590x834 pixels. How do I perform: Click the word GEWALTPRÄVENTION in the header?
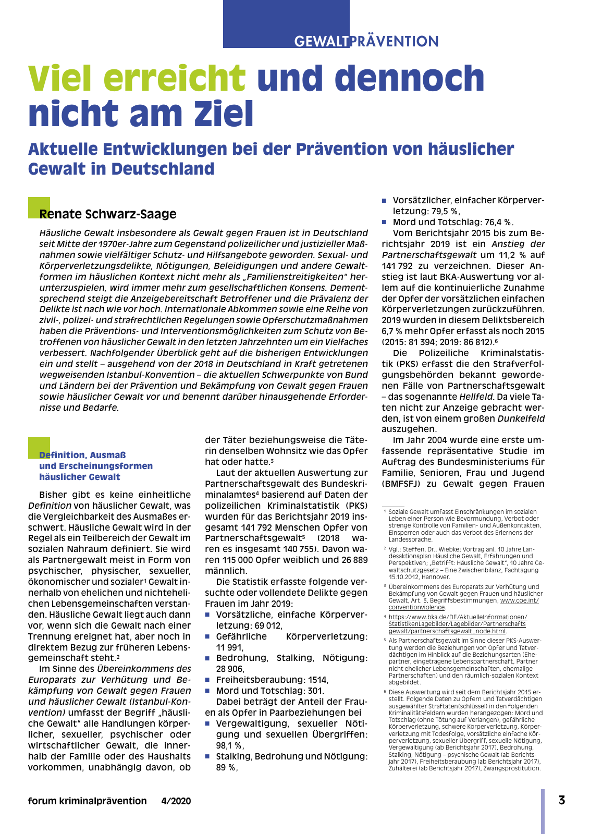coord(366,41)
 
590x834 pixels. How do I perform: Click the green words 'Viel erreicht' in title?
coord(137,78)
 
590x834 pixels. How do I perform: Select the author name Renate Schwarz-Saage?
coord(108,214)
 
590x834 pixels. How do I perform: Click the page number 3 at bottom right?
coord(561,800)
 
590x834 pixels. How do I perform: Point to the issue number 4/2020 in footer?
coord(176,801)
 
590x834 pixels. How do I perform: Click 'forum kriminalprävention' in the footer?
coord(88,801)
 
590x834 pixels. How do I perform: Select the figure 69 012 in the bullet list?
coord(266,625)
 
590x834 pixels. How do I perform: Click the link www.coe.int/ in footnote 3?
coord(519,600)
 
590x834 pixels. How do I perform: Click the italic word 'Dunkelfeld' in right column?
coord(521,419)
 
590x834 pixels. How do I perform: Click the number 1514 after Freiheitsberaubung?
coord(317,680)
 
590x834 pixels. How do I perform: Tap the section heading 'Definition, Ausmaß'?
coord(82,455)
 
